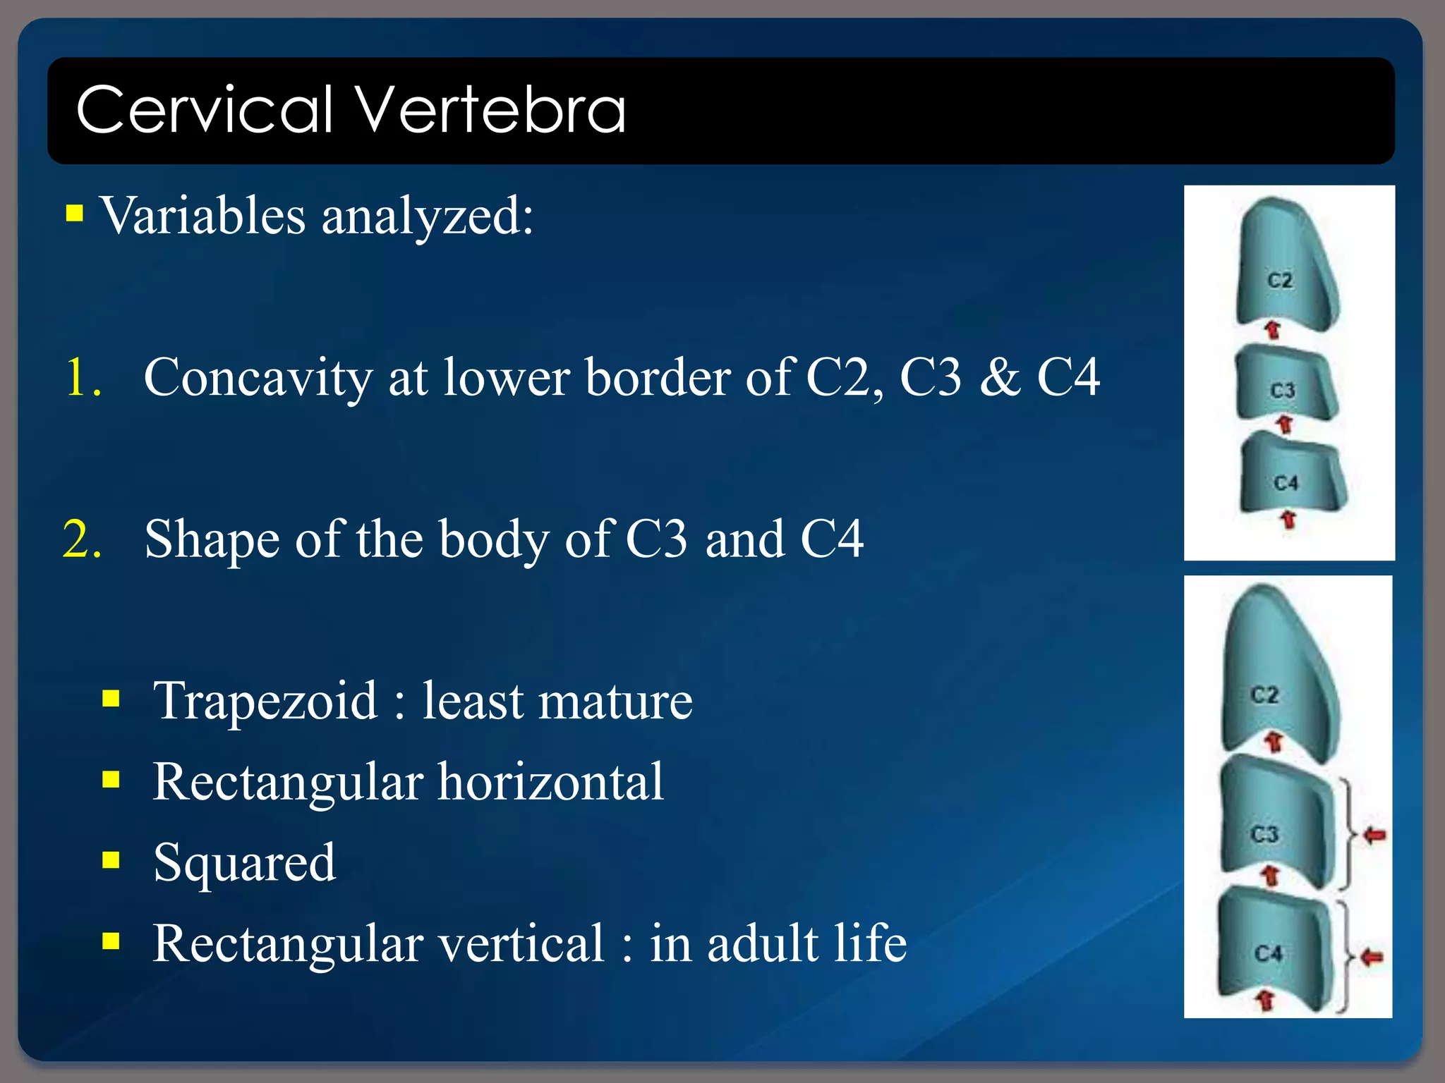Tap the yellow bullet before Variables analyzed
75,213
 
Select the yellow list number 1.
83,377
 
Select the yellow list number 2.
83,539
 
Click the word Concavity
258,379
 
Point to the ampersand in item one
1000,377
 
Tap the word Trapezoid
265,702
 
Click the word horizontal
550,782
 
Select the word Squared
244,863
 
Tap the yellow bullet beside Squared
111,860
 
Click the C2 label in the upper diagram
1280,281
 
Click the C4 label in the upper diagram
1286,483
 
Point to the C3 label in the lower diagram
1264,835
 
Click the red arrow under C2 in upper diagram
1272,329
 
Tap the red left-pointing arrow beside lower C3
1374,836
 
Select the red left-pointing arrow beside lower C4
1372,957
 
